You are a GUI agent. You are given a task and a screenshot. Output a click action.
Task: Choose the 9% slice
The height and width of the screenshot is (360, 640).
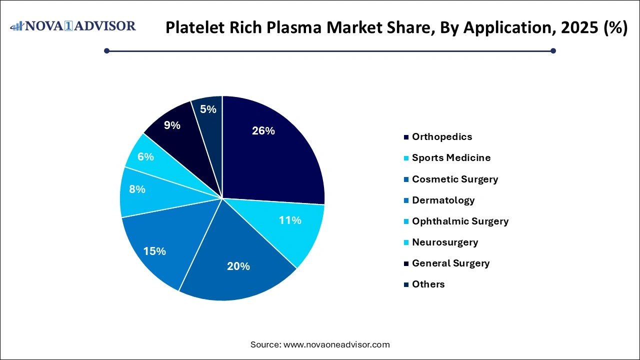coord(175,130)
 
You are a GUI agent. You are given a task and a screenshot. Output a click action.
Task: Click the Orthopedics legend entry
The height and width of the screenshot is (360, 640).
coord(441,136)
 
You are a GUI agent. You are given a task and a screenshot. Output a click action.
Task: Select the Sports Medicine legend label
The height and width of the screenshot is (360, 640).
coord(451,157)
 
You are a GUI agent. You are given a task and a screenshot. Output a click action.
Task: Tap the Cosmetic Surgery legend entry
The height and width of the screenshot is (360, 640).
coord(454,179)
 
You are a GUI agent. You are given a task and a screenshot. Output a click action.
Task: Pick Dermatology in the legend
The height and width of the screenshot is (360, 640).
coord(443,200)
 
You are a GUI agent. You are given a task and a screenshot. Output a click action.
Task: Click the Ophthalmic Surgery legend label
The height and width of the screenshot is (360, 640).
coord(460,221)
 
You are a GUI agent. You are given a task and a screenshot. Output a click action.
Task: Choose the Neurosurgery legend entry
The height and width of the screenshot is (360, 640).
coord(444,242)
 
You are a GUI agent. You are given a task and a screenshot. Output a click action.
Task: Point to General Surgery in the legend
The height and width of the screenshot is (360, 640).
coord(450,263)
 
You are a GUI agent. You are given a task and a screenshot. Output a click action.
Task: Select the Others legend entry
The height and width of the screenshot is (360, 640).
coord(428,284)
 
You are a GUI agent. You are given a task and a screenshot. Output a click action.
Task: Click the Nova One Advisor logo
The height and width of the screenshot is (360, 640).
coord(73,26)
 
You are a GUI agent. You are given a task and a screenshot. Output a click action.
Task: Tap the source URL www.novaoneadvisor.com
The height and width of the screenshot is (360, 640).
coord(336,344)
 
